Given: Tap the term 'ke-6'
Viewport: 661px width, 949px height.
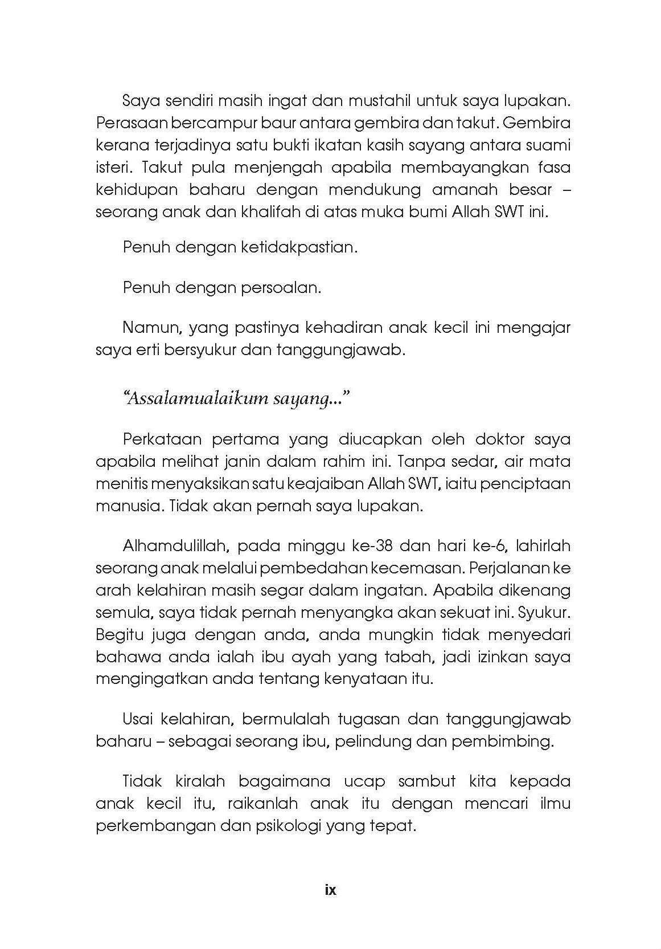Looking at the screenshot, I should [x=497, y=545].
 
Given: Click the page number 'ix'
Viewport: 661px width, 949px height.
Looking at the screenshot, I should [x=330, y=890].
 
